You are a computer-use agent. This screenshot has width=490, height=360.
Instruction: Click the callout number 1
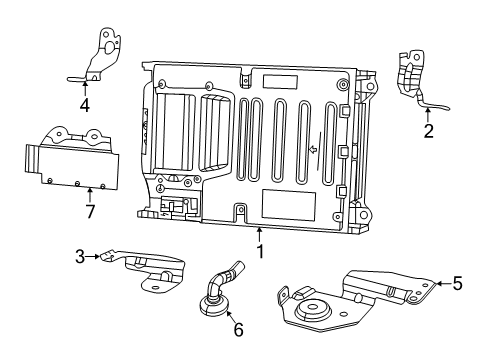[259, 253]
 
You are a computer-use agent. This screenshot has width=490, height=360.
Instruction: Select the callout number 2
[428, 130]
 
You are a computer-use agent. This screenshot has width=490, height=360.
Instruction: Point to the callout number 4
[85, 105]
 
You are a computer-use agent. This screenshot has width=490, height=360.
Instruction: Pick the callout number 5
[457, 284]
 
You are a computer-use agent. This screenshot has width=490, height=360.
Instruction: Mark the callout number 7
[91, 211]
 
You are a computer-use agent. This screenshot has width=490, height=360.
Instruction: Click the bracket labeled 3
[150, 270]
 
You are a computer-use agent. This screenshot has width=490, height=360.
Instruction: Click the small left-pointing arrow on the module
[313, 151]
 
